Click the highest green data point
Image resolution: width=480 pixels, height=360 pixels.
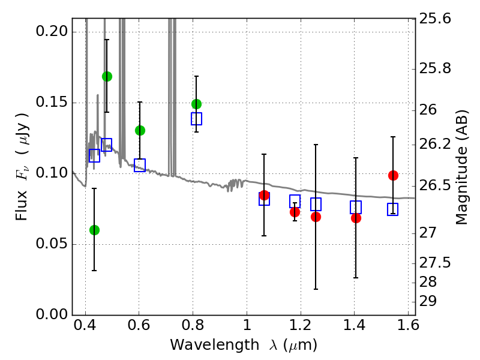(x=107, y=76)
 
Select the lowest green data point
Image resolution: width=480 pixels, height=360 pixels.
(x=94, y=230)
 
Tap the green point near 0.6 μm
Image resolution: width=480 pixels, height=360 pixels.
(x=140, y=130)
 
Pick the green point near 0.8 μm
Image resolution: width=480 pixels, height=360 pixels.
(x=196, y=104)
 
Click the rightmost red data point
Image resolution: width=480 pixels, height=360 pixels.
(x=393, y=175)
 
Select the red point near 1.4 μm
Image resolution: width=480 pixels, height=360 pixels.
(x=356, y=218)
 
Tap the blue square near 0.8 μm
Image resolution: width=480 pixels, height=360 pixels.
(x=196, y=118)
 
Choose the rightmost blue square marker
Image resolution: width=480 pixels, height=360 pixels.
(x=393, y=209)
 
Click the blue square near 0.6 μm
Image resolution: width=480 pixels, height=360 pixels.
(x=140, y=165)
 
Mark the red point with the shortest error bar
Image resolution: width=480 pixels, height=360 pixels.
(x=295, y=212)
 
